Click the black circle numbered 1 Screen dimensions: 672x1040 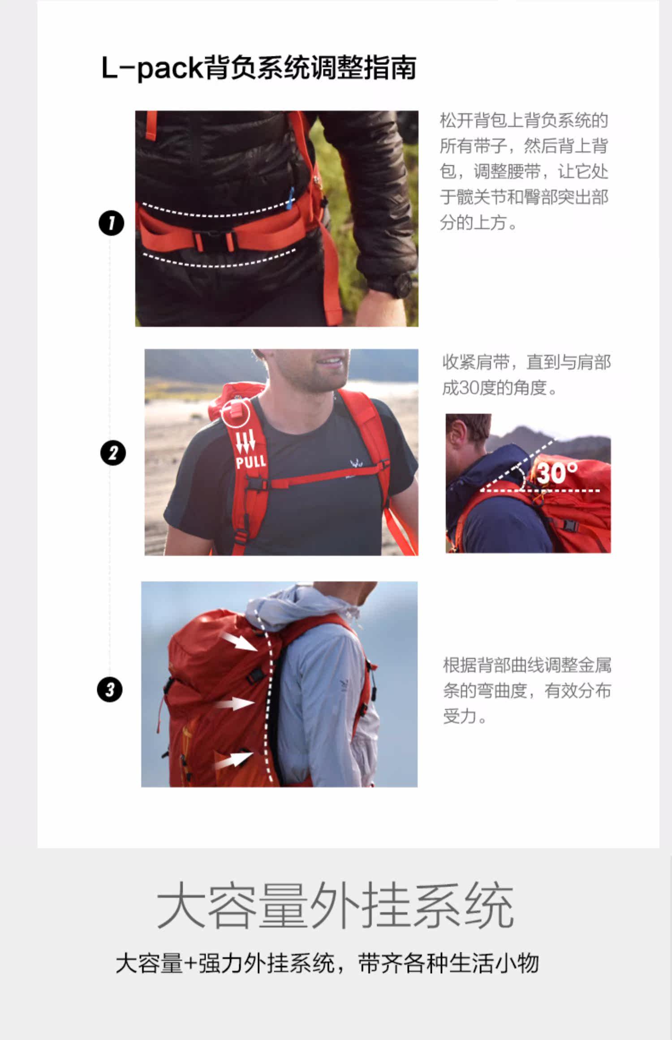coord(111,223)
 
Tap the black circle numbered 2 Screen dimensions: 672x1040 coord(112,453)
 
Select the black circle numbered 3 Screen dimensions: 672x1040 coord(110,689)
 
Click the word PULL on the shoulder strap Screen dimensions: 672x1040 coord(251,461)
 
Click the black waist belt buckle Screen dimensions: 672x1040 coord(213,240)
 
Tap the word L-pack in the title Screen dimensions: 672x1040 coord(153,68)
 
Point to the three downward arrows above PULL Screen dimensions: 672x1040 coord(246,441)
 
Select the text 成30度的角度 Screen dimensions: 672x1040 coord(495,388)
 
